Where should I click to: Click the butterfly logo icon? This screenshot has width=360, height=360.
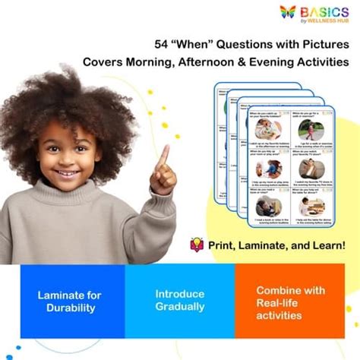(x=288, y=12)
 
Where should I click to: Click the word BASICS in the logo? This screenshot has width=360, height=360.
(x=324, y=11)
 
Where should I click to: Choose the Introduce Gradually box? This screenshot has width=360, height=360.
(x=180, y=301)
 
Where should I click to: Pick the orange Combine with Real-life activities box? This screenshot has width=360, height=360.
(x=291, y=301)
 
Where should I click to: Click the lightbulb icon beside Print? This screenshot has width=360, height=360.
(x=196, y=245)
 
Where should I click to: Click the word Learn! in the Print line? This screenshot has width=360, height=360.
(x=328, y=245)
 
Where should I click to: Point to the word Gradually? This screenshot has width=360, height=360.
(x=180, y=308)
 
